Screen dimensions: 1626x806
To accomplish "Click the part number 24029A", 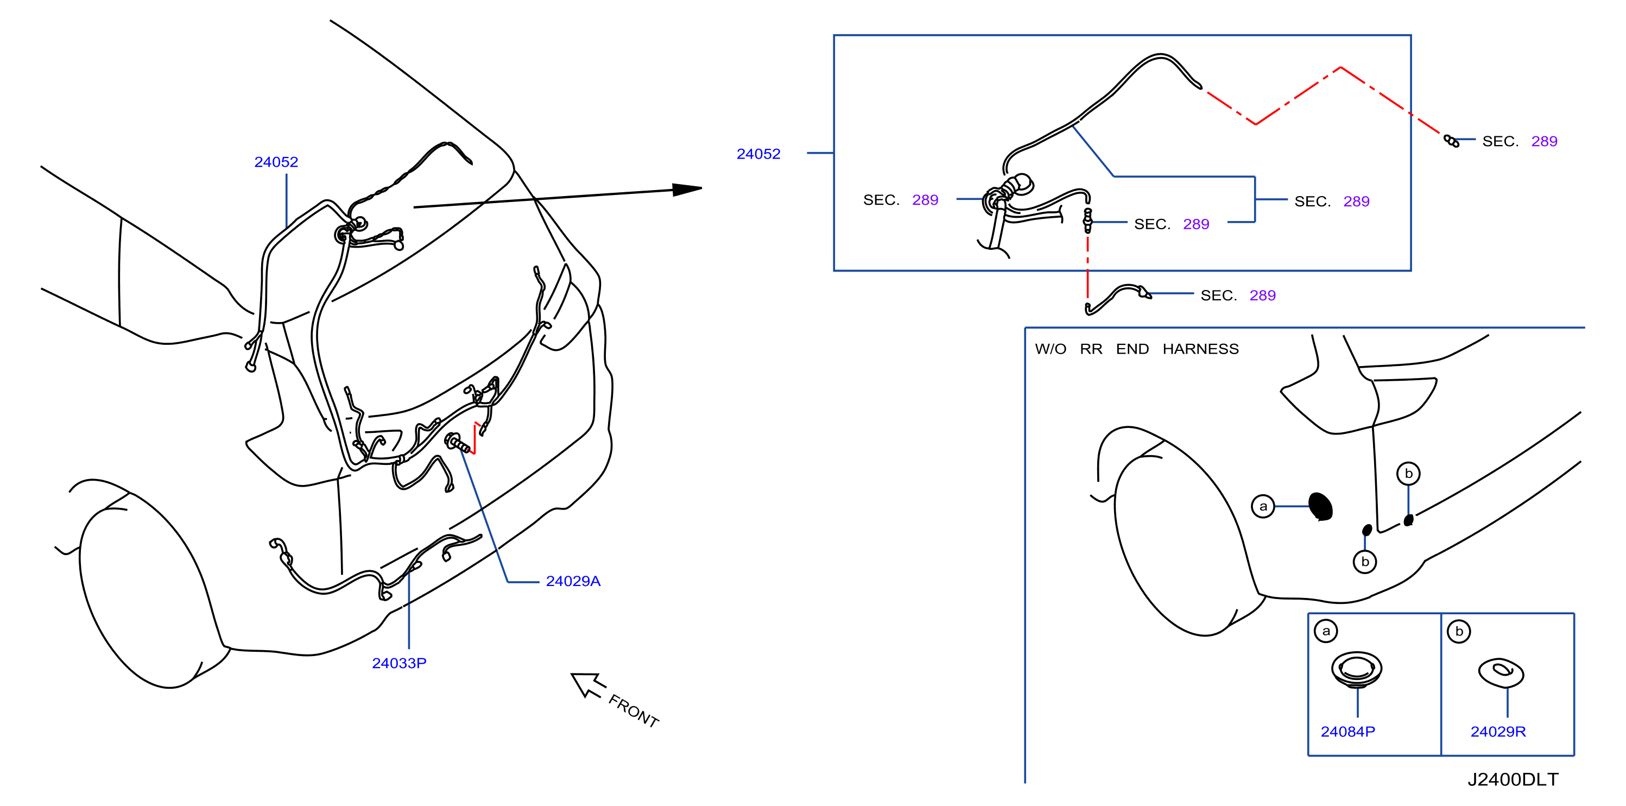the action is pyautogui.click(x=573, y=581).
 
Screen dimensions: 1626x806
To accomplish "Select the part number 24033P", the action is pyautogui.click(x=399, y=663).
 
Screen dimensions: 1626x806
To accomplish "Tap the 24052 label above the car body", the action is pyautogui.click(x=276, y=162).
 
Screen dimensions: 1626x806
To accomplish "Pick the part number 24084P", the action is pyautogui.click(x=1347, y=732).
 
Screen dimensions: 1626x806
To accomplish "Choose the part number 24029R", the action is pyautogui.click(x=1498, y=732).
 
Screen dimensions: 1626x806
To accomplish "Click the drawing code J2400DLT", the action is pyautogui.click(x=1513, y=779).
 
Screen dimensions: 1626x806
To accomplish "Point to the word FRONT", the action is pyautogui.click(x=634, y=710).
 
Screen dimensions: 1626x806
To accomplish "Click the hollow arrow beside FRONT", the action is pyautogui.click(x=587, y=685).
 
